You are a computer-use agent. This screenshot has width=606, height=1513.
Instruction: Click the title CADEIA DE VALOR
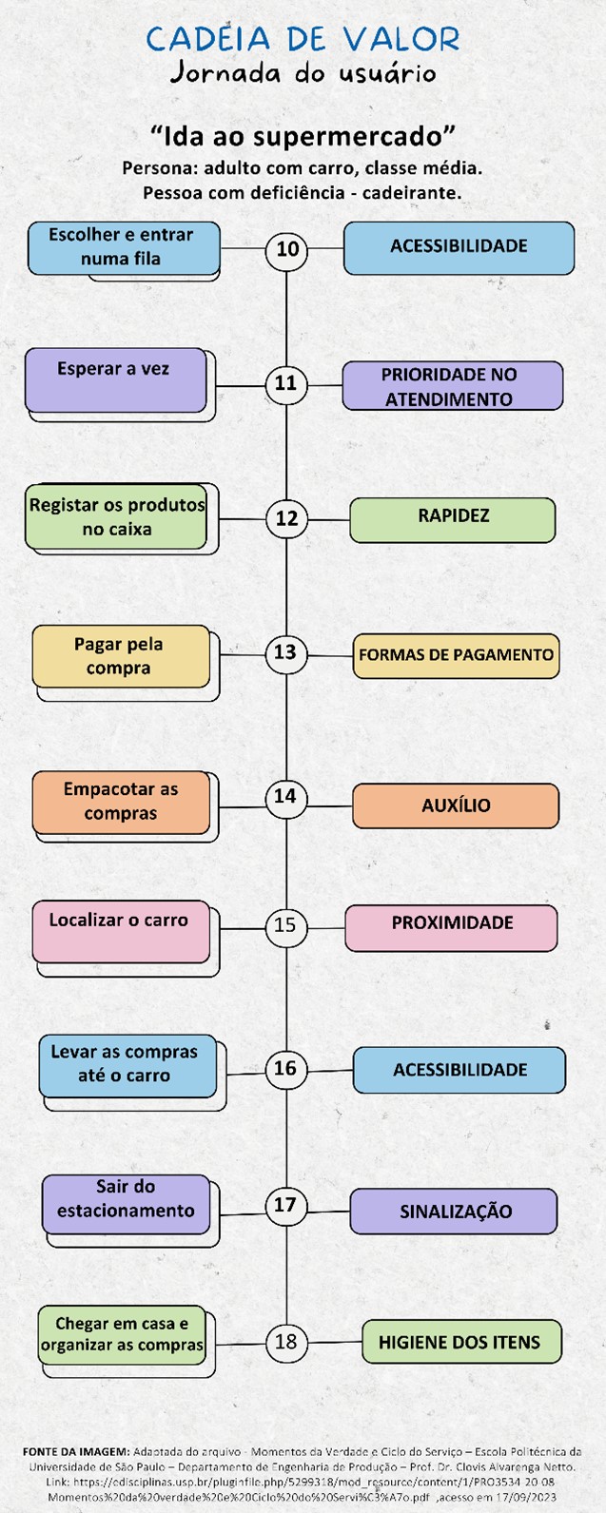pyautogui.click(x=303, y=39)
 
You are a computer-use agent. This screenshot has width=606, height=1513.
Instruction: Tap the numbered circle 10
pyautogui.click(x=287, y=249)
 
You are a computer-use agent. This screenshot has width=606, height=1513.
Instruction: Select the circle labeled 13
pyautogui.click(x=285, y=652)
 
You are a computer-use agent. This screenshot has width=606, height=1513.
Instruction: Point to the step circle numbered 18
pyautogui.click(x=285, y=1342)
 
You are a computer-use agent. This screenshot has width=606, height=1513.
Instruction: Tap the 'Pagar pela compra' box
pyautogui.click(x=121, y=656)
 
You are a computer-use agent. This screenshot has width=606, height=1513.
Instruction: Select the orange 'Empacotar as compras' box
pyautogui.click(x=121, y=802)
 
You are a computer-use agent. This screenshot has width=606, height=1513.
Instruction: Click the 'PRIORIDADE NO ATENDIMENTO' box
pyautogui.click(x=451, y=386)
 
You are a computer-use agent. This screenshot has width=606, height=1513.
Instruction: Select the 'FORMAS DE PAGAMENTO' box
pyautogui.click(x=456, y=655)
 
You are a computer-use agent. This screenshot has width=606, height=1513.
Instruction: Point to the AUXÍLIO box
pyautogui.click(x=456, y=805)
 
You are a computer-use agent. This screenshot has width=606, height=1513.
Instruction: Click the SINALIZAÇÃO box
pyautogui.click(x=454, y=1212)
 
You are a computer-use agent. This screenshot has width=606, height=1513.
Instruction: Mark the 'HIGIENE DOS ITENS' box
pyautogui.click(x=461, y=1342)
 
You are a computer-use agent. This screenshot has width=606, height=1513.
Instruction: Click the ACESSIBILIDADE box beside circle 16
pyautogui.click(x=459, y=1070)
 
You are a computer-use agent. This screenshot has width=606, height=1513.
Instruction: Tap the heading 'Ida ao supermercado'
pyautogui.click(x=303, y=135)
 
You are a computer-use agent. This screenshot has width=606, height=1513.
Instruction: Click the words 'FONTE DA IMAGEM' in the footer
pyautogui.click(x=75, y=1452)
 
